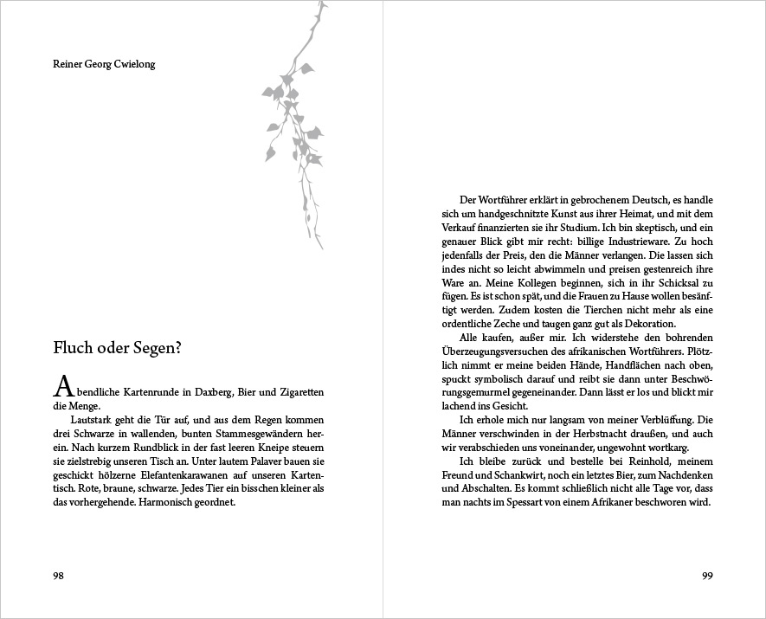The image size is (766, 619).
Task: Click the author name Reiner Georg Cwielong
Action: [x=104, y=64]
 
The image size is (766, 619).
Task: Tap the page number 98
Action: [x=59, y=576]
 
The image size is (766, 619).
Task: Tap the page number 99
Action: [x=706, y=576]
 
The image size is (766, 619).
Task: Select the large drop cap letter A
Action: [x=62, y=384]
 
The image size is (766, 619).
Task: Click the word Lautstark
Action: [x=94, y=419]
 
